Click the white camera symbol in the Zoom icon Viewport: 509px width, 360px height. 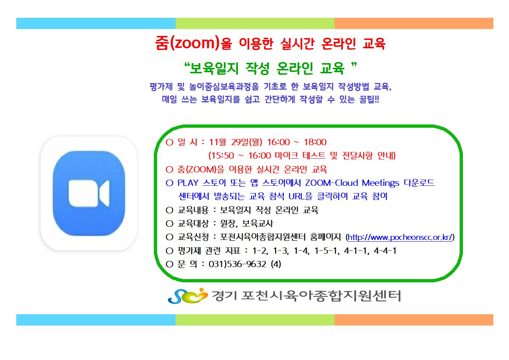point(89,193)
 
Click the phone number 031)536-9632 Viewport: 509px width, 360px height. point(237,264)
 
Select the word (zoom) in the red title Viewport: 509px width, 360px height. point(195,43)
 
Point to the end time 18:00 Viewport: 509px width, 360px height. point(315,142)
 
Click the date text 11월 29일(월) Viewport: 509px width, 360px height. point(235,142)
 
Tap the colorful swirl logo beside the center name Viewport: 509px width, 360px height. point(188,295)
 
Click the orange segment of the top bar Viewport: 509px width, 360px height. point(414,24)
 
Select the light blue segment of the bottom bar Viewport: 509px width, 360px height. point(96,320)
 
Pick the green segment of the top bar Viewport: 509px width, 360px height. point(255,24)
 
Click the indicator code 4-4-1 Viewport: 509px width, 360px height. point(385,251)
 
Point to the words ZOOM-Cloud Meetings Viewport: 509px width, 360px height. point(352,183)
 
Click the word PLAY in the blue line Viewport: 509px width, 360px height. point(188,183)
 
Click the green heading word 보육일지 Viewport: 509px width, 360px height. point(214,68)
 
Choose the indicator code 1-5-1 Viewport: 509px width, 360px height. point(325,251)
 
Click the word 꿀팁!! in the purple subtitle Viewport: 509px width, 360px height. point(369,99)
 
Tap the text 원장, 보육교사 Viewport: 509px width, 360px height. point(246,224)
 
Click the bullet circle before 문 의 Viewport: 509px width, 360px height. point(169,264)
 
